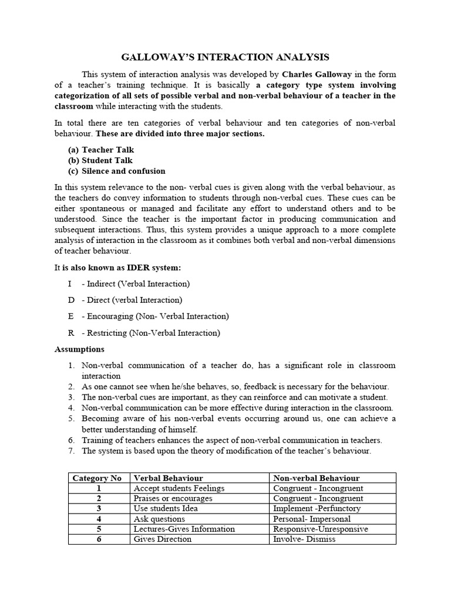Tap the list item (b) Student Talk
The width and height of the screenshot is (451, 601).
point(100,160)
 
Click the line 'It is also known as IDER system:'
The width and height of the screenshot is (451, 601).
point(118,268)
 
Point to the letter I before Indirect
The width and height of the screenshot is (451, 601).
point(70,283)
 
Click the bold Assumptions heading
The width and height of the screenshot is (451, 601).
point(79,349)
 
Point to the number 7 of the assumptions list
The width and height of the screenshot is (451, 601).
point(70,451)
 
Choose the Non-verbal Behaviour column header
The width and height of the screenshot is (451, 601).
point(316,478)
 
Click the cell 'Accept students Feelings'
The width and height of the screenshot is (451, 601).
point(179,488)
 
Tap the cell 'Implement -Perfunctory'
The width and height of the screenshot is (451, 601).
point(317,508)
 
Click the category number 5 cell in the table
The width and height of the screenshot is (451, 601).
point(99,529)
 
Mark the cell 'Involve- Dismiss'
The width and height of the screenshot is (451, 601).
point(304,539)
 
